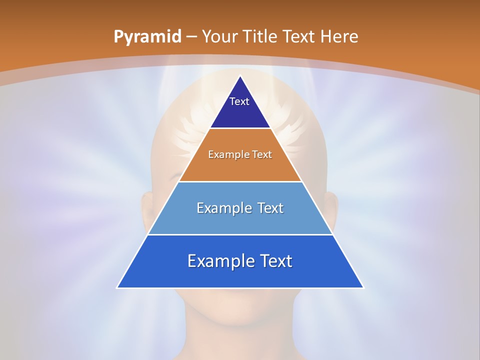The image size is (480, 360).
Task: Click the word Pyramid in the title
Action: (x=147, y=37)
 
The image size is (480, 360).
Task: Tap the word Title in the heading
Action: (x=260, y=36)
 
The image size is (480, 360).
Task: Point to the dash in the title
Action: (x=191, y=37)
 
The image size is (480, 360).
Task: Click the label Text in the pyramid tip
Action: (x=239, y=101)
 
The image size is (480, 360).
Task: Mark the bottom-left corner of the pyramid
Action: (x=117, y=287)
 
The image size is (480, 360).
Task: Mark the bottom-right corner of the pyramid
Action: (x=363, y=287)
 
